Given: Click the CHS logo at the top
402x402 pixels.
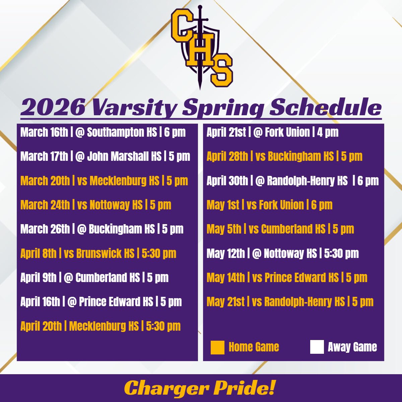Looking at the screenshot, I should click(201, 49).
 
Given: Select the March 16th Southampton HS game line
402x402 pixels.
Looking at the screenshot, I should click(103, 133).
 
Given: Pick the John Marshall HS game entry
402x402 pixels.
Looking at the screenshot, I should click(105, 156).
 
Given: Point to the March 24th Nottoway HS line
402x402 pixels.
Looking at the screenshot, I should click(96, 205).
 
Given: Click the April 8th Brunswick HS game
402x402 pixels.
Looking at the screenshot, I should click(98, 253).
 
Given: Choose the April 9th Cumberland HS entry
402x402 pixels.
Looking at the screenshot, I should click(94, 278).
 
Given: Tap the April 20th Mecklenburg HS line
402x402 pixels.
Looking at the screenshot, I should click(100, 326).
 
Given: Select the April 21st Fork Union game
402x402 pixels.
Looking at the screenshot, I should click(272, 133).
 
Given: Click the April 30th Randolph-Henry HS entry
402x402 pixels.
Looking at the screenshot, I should click(292, 181).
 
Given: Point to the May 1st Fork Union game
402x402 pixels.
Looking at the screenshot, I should click(269, 205).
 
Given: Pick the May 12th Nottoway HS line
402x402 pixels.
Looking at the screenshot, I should click(282, 254).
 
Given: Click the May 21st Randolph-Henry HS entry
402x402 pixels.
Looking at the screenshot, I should click(290, 302).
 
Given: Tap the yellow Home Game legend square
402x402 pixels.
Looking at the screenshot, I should click(217, 347).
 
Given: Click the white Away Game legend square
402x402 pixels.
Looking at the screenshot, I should click(317, 347).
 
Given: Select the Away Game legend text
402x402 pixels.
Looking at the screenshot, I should click(352, 347).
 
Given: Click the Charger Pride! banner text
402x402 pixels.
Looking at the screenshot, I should click(200, 388).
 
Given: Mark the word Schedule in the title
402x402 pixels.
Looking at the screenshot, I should click(326, 107).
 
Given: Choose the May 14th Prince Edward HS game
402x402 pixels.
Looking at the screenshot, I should click(287, 278).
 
